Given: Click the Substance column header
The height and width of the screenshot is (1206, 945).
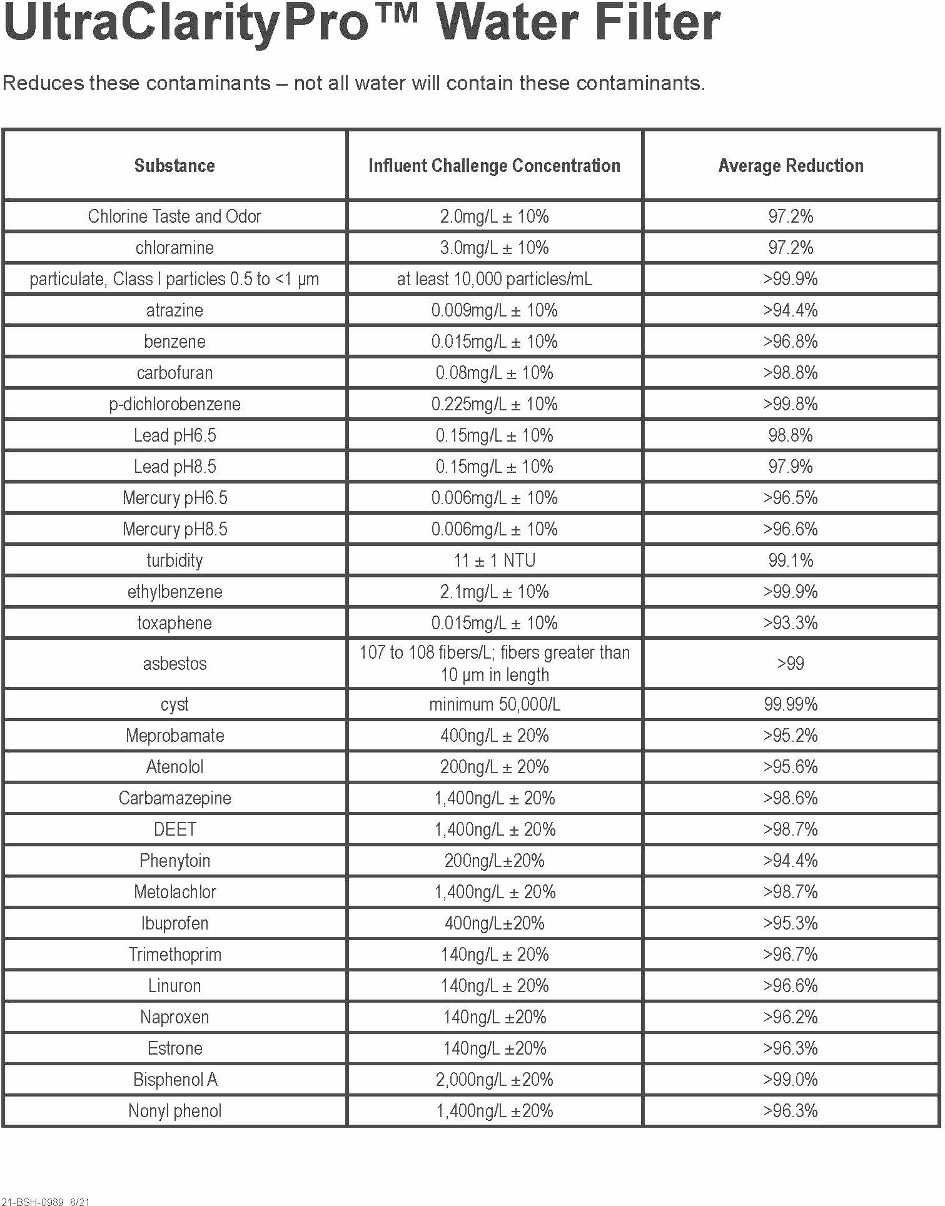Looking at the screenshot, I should (x=174, y=166).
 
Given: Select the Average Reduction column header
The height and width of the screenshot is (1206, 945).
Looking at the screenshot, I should (x=791, y=166).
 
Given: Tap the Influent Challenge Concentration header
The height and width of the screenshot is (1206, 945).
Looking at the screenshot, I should (x=494, y=166).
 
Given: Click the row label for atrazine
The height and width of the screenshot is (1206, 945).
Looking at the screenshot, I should (x=174, y=310).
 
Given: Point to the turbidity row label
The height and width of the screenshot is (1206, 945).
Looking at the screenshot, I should (x=174, y=560).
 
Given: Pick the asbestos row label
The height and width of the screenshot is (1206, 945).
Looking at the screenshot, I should (x=174, y=664).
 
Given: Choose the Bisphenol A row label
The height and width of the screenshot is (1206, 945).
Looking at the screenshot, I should (x=174, y=1080).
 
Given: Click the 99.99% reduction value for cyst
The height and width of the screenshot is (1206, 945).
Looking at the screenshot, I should (x=791, y=704).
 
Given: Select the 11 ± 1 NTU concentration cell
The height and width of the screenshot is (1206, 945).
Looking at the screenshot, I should (x=494, y=560).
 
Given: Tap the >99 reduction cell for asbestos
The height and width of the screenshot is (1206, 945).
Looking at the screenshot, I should (x=791, y=664).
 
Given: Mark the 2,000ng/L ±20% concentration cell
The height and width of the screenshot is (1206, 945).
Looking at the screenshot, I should (x=494, y=1080).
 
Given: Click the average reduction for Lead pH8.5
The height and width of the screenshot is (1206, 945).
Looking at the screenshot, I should (x=791, y=467).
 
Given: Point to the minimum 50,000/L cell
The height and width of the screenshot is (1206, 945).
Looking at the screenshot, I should (x=494, y=704).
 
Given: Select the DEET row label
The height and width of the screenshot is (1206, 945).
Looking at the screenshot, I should (x=174, y=829).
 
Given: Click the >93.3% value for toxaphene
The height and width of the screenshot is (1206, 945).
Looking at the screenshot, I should (x=791, y=623).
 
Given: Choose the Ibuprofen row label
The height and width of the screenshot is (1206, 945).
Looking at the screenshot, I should (x=174, y=923).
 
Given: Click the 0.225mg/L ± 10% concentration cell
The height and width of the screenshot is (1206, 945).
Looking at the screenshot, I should (x=494, y=404).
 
